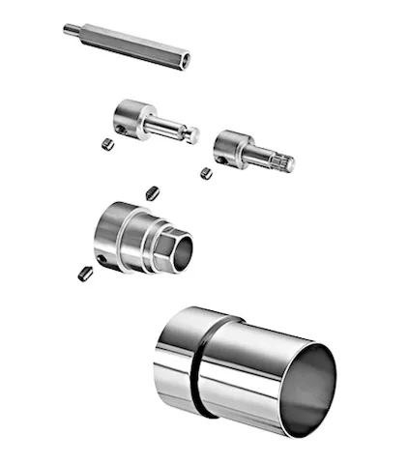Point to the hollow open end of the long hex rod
(185, 60)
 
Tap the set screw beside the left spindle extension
(107, 144)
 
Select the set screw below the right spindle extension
(205, 172)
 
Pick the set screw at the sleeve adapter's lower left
(83, 273)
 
